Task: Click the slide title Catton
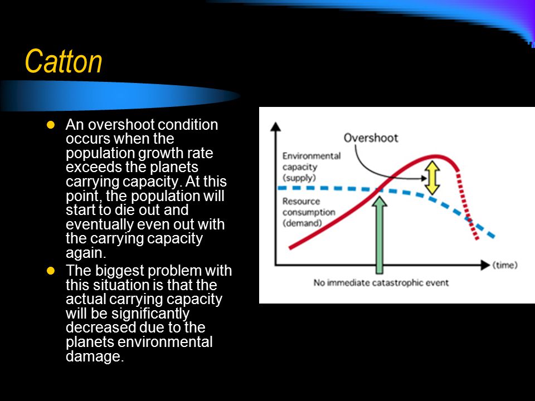point(64,61)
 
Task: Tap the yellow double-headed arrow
point(432,178)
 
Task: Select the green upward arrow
point(379,235)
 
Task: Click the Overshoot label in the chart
point(371,138)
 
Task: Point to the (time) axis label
point(505,265)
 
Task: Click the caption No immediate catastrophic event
point(381,283)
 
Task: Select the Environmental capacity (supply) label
point(311,167)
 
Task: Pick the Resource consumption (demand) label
point(308,212)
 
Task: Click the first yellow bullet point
point(51,125)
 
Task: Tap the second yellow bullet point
point(51,271)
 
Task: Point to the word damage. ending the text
point(95,356)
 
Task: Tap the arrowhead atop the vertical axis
point(275,126)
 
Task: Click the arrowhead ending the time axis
point(485,265)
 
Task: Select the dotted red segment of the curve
point(467,206)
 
